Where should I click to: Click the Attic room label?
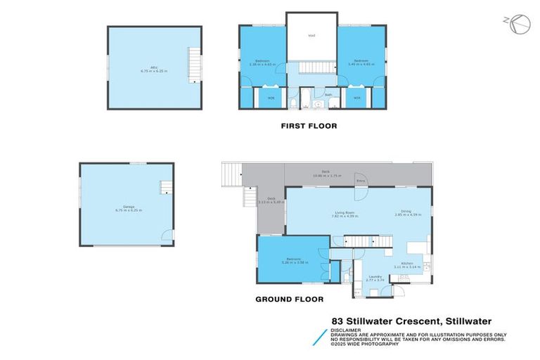[x=146, y=68]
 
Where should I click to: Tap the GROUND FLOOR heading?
[x=289, y=299]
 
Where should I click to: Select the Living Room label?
[x=345, y=213]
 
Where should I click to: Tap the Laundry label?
[x=375, y=278]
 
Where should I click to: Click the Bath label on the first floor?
[x=328, y=95]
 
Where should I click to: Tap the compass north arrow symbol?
[x=518, y=24]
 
